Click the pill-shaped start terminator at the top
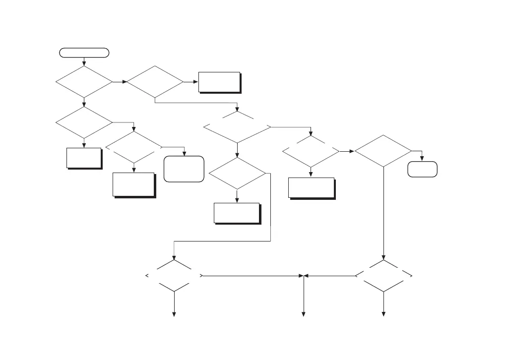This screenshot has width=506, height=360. [x=84, y=52]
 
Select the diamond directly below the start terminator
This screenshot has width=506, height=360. [x=84, y=82]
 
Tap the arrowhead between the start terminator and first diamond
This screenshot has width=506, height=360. [x=84, y=63]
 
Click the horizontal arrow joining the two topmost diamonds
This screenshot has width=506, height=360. [x=119, y=82]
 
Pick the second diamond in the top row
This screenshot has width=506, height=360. [x=155, y=82]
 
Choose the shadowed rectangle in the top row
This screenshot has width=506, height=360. [x=219, y=82]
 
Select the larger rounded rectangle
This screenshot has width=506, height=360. [x=184, y=169]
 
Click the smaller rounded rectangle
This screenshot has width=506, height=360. [x=422, y=169]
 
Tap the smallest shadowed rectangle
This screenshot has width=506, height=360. [x=84, y=158]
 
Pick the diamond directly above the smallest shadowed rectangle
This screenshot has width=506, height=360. [x=84, y=122]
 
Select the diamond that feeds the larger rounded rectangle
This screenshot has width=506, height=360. [x=134, y=147]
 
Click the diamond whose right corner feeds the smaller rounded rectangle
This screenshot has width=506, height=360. [x=383, y=150]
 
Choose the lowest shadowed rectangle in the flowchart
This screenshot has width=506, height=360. [x=237, y=213]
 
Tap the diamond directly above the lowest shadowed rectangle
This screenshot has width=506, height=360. [x=237, y=174]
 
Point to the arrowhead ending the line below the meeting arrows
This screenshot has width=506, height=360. [x=304, y=313]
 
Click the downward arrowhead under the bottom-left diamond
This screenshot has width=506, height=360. [x=174, y=313]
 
